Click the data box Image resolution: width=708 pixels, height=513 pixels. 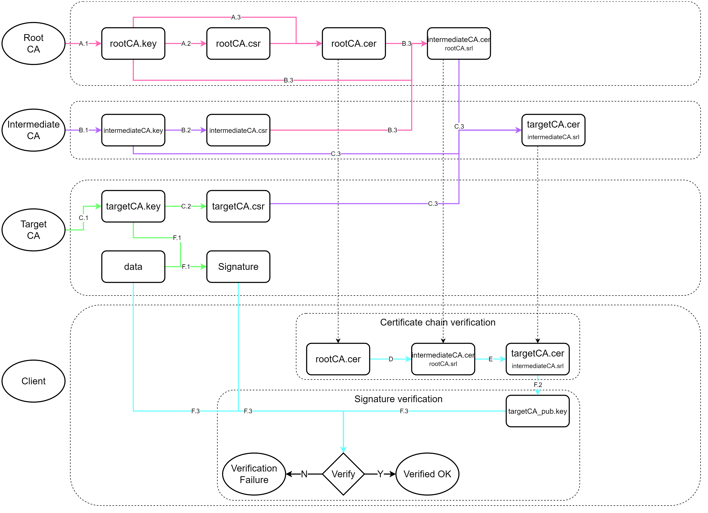(x=133, y=267)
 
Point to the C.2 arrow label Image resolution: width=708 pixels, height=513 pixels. (x=186, y=206)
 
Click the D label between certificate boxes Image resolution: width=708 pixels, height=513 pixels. (x=391, y=359)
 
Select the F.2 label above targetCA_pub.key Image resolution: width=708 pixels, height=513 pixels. (x=537, y=385)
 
